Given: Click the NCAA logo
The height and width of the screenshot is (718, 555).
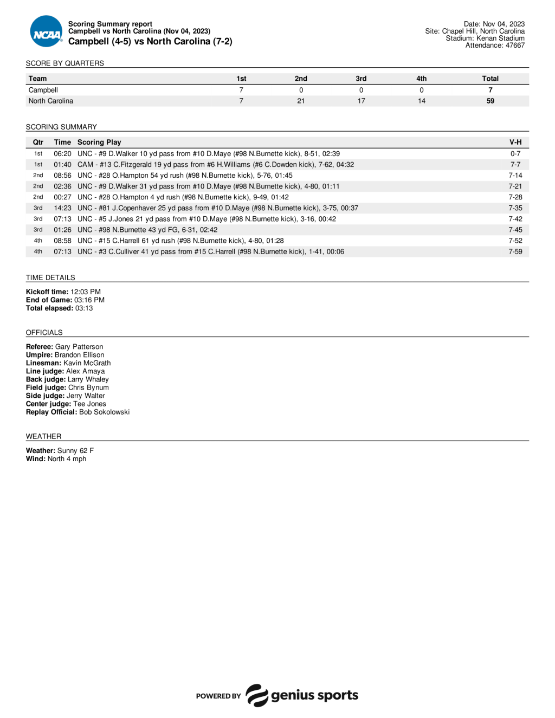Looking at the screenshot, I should pos(46,32).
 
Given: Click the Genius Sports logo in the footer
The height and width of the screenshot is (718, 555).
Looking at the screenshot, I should pos(302,695).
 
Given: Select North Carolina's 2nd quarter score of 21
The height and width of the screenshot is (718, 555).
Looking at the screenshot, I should pos(301,101).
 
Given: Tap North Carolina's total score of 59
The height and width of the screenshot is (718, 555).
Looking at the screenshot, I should pos(490,101).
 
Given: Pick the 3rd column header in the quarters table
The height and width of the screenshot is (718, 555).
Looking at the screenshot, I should pos(361,79).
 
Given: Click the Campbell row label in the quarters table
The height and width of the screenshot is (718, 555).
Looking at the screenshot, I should pos(43,90).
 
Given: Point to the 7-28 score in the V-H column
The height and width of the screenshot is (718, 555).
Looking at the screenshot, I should pos(515,197).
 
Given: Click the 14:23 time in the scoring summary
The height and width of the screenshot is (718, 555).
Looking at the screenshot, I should pos(62,208).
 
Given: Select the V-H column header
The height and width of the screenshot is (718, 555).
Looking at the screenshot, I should pos(515,143).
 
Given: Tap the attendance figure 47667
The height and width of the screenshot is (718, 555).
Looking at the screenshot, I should pos(515,46).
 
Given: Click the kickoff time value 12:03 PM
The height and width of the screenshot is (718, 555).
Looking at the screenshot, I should pos(86,292).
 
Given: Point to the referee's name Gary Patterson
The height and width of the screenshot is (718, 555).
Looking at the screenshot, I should pos(79,347).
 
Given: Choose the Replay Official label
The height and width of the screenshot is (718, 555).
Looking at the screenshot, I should pos(51,412).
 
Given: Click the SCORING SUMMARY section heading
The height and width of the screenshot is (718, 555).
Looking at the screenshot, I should pos(61,127).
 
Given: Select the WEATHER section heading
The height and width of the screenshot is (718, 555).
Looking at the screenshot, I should pos(43,436).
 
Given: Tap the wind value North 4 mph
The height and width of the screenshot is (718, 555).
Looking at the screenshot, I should pos(67,459).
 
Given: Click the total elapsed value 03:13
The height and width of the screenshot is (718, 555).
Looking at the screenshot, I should pos(84,308).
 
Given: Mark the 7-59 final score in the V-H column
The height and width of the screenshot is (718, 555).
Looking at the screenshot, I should pos(515,251).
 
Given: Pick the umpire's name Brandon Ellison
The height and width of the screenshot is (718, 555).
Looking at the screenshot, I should pos(79,355).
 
